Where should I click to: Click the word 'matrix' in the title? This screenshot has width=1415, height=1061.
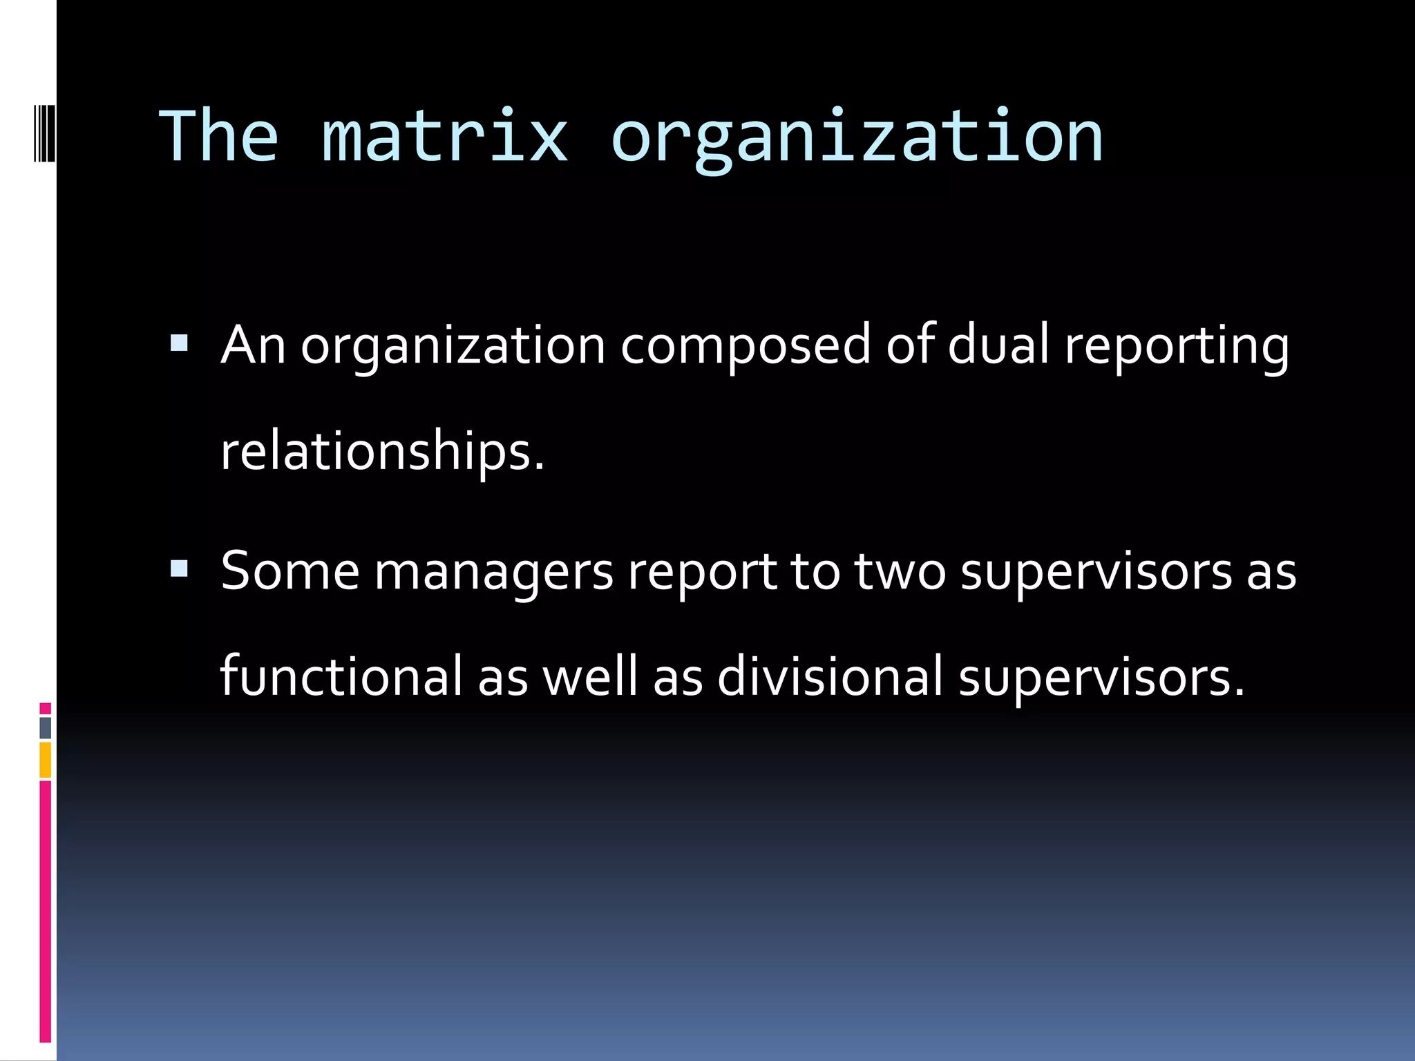(445, 137)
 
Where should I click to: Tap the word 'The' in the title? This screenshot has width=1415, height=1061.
(219, 137)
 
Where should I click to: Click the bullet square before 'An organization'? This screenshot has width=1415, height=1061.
(179, 343)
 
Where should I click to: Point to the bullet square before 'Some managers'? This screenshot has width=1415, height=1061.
(179, 568)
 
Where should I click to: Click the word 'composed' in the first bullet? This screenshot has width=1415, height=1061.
(746, 345)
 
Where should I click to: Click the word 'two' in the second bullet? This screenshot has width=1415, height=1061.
(900, 572)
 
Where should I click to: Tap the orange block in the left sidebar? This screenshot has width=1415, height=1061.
(45, 760)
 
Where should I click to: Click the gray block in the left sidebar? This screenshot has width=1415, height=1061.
(45, 728)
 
